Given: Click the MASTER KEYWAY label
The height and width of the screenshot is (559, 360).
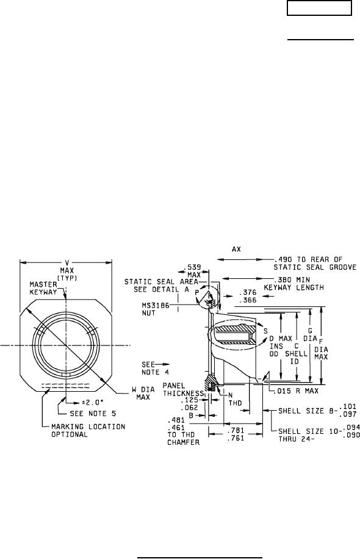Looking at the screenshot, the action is point(43,288).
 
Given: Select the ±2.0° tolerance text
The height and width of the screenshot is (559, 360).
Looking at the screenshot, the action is point(93,402).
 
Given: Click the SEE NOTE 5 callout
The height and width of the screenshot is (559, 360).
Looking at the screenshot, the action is point(93,414).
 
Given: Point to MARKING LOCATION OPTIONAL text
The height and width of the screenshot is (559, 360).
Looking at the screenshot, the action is point(88,430).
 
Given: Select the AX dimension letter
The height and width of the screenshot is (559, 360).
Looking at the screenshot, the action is point(236,249).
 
